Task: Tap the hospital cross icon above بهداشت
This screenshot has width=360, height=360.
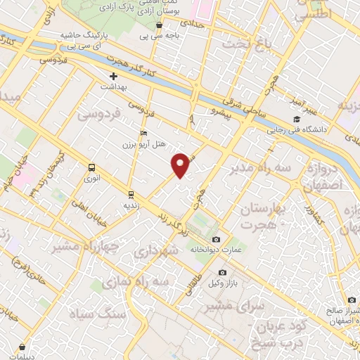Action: click(x=114, y=75)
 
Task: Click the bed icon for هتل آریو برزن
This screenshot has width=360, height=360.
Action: click(x=144, y=133)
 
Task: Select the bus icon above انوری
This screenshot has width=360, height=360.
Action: click(x=91, y=167)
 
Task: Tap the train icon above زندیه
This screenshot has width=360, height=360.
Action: click(x=131, y=194)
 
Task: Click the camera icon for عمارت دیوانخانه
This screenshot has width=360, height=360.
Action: click(x=216, y=239)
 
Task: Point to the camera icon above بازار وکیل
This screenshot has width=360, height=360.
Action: click(x=223, y=272)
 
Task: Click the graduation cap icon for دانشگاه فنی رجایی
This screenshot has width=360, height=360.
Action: click(x=297, y=120)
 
